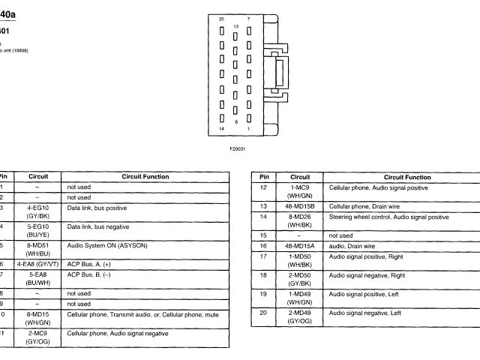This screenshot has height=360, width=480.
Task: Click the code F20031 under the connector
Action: click(x=238, y=148)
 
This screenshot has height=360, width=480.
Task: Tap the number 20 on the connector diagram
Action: click(x=220, y=18)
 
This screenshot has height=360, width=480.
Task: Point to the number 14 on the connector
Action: click(x=220, y=130)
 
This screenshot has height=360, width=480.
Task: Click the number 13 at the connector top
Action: click(x=235, y=25)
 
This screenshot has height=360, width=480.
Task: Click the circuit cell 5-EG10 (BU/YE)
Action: click(x=37, y=229)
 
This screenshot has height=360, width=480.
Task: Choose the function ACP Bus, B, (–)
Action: click(x=89, y=274)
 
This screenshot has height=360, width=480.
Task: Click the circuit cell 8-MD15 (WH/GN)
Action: click(x=37, y=318)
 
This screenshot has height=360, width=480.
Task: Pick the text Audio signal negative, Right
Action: click(x=367, y=275)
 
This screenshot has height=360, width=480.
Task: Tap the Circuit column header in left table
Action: click(x=37, y=177)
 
